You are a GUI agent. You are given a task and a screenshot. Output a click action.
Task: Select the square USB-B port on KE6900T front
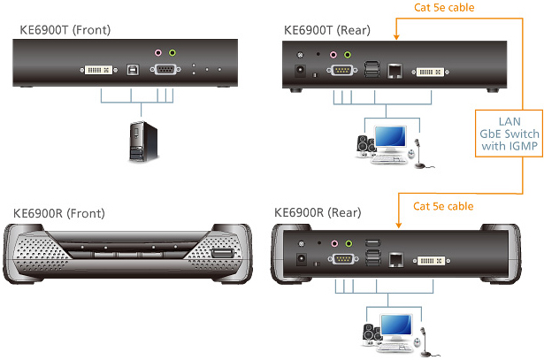pyautogui.click(x=132, y=68)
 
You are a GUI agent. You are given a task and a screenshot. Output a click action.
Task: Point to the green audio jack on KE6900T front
pyautogui.click(x=172, y=52)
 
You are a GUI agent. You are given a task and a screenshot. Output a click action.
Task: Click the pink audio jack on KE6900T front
pyautogui.click(x=158, y=52)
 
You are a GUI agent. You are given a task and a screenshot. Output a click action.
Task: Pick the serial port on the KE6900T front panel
pyautogui.click(x=165, y=68)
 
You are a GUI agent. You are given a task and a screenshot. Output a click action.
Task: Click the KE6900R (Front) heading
pyautogui.click(x=58, y=213)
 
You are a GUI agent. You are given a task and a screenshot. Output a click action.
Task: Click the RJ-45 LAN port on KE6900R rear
pyautogui.click(x=398, y=259)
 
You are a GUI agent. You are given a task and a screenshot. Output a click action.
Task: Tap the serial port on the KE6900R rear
pyautogui.click(x=341, y=259)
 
